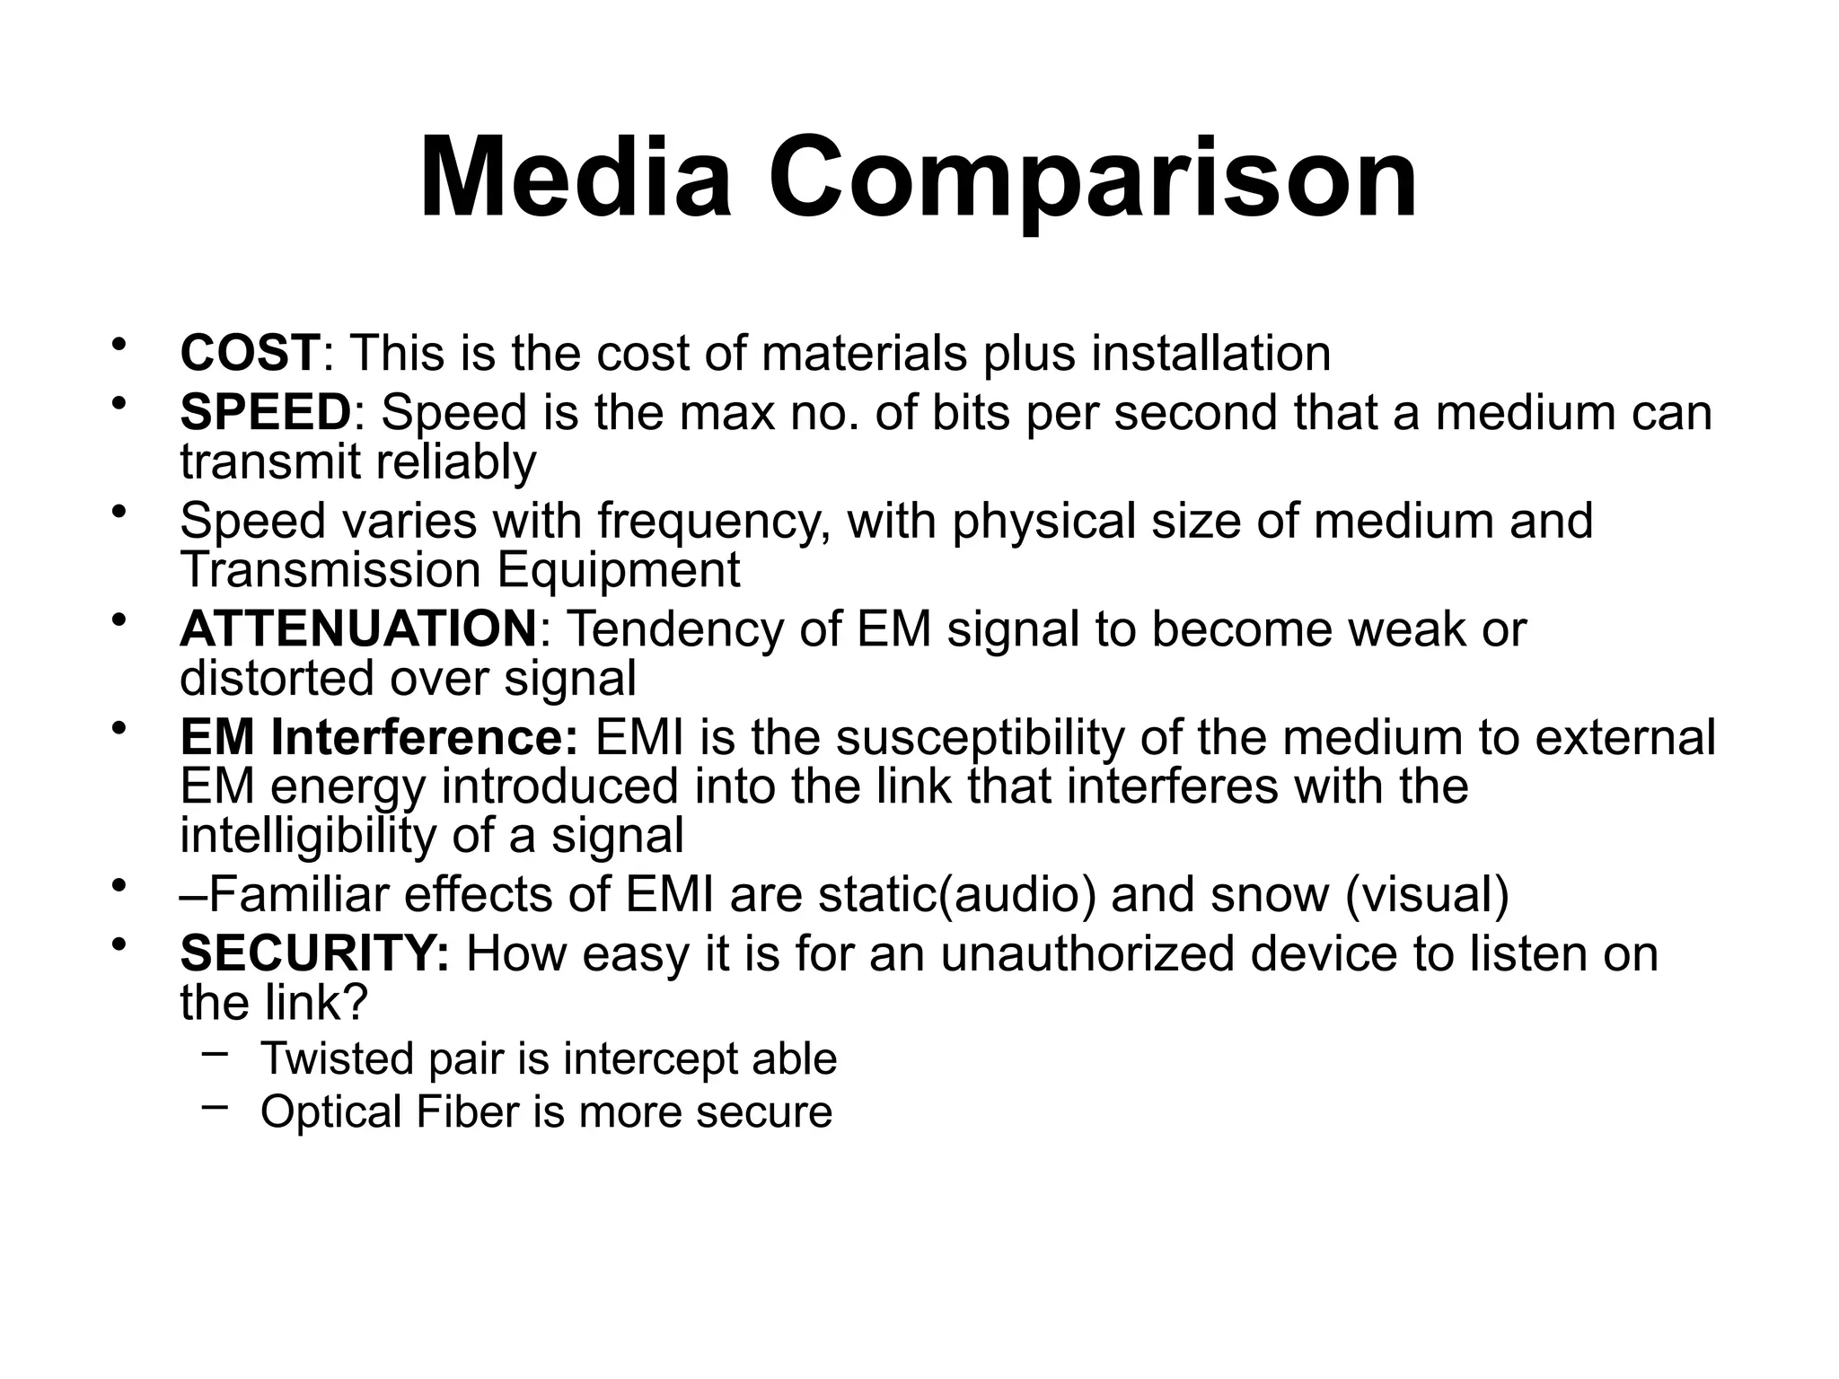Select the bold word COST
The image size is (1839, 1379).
coord(250,353)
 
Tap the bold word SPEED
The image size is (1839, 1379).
coord(265,412)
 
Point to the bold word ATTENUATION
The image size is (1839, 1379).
coord(358,628)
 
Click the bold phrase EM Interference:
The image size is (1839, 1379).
coord(379,738)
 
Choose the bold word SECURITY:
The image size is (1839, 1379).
coord(314,953)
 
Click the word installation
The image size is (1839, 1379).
coord(1210,353)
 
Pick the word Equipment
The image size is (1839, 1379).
coord(619,571)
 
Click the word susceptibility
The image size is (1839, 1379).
coord(980,738)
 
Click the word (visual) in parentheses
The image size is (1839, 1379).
coord(1428,895)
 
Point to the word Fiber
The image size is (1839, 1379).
coord(467,1112)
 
